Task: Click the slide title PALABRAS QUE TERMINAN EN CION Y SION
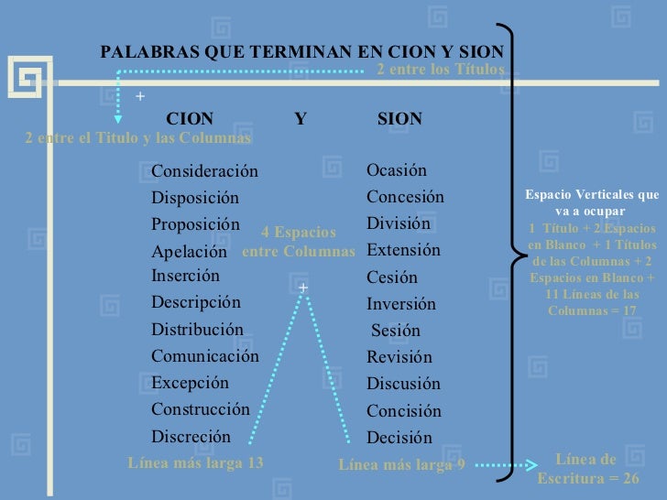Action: (308, 52)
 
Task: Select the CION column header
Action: (190, 119)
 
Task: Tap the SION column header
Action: (399, 119)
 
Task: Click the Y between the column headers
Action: (301, 119)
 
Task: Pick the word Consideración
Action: (204, 172)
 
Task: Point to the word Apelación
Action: (189, 252)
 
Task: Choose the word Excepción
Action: (191, 383)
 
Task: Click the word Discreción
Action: (191, 437)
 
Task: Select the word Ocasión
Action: (397, 170)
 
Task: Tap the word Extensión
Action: (403, 250)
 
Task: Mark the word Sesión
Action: (396, 332)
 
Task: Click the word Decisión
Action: (399, 438)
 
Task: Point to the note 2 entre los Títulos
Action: (442, 70)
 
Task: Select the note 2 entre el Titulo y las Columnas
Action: (138, 138)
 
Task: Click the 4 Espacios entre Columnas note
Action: (299, 242)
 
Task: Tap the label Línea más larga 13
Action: (195, 463)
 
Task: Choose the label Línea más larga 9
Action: (402, 465)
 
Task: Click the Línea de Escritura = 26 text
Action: (587, 469)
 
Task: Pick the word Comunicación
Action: (205, 356)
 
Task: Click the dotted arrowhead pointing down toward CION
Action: (117, 117)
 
